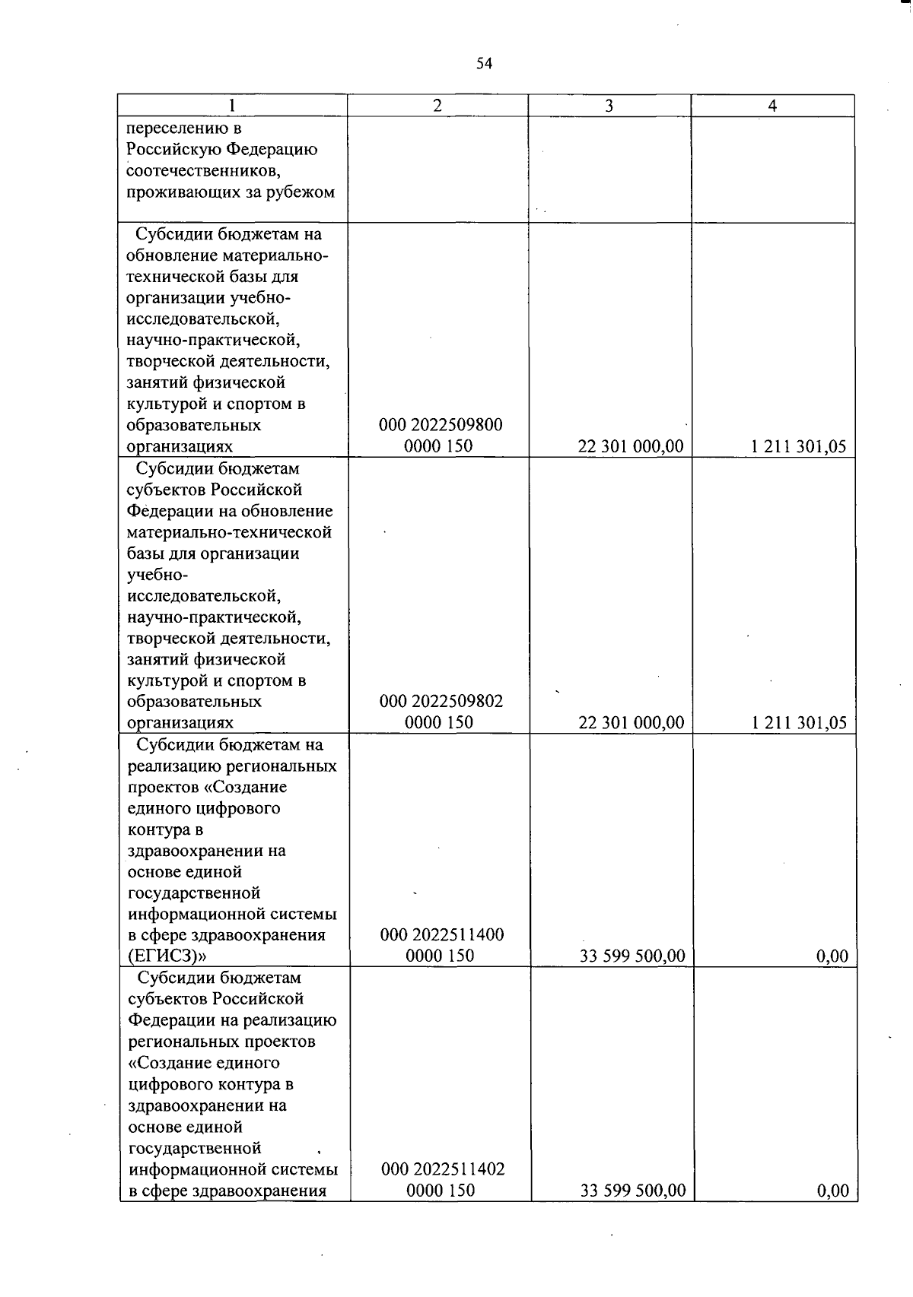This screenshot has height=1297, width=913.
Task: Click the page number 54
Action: tap(485, 64)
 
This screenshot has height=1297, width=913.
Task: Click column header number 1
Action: tap(232, 106)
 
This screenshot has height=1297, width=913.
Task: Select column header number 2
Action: tap(437, 106)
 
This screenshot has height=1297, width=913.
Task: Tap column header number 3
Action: tap(609, 106)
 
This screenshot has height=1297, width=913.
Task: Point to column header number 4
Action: tap(772, 106)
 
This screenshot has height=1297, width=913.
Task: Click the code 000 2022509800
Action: tap(441, 425)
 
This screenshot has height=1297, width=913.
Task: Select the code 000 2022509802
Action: tap(441, 701)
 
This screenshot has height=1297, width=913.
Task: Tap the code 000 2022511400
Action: tap(442, 935)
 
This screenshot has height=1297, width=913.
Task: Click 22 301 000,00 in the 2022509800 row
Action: tap(631, 447)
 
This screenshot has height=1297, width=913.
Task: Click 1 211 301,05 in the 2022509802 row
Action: tap(799, 723)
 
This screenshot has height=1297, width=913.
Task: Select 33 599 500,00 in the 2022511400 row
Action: tap(632, 956)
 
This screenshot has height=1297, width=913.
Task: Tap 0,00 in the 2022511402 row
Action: tap(832, 1191)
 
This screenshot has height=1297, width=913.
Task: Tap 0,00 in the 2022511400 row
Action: tap(832, 956)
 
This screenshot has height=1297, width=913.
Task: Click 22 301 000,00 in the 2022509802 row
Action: tap(631, 723)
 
